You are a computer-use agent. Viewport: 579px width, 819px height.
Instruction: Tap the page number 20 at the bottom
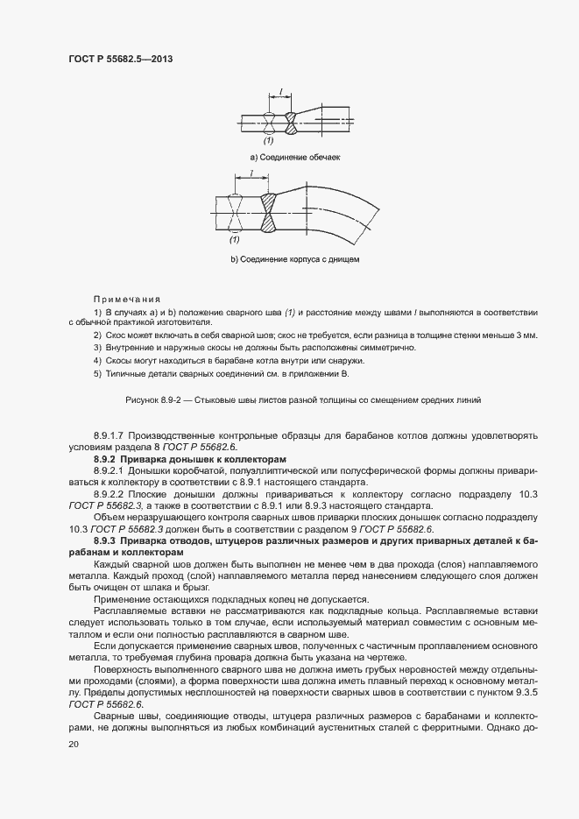(x=73, y=744)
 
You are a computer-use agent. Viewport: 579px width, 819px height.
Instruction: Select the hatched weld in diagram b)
(x=268, y=214)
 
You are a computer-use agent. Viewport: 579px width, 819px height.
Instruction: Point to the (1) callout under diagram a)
(x=268, y=140)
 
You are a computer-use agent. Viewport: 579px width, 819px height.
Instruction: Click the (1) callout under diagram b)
(x=235, y=239)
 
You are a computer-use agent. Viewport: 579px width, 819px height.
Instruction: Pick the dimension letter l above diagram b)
(x=251, y=174)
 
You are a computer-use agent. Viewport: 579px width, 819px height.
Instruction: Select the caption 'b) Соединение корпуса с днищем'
(x=294, y=259)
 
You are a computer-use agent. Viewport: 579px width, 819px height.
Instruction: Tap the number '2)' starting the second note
(x=97, y=335)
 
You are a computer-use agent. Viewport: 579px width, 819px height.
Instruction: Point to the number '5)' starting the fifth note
(x=97, y=373)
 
